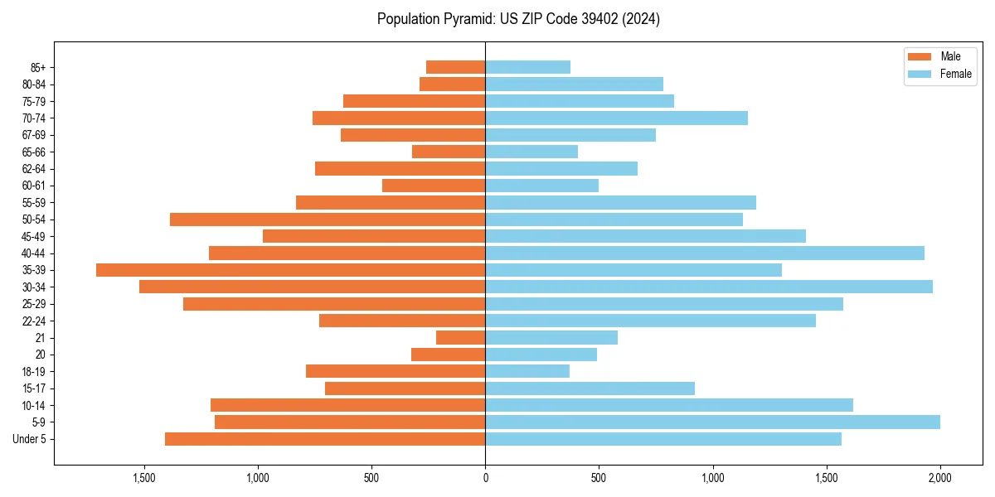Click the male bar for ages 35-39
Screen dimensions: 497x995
[x=290, y=270]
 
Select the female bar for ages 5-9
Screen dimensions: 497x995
[x=712, y=422]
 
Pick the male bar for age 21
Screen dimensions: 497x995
[x=460, y=338]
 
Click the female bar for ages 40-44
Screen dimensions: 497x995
[x=704, y=253]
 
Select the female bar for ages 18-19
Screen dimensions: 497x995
[x=527, y=372]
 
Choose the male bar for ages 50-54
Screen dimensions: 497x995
[x=328, y=220]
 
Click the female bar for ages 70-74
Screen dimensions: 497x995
[x=616, y=118]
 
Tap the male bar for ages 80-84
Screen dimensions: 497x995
[x=452, y=84]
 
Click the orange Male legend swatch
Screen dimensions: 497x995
[x=920, y=56]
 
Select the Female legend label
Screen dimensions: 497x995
[x=955, y=74]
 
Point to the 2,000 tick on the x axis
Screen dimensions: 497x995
[x=939, y=478]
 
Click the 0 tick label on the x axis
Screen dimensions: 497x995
[x=485, y=478]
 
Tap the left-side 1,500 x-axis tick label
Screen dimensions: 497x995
[x=144, y=478]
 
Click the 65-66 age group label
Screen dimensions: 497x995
[x=33, y=152]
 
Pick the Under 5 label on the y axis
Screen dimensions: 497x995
[x=29, y=439]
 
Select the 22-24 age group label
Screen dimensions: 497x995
[x=33, y=321]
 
